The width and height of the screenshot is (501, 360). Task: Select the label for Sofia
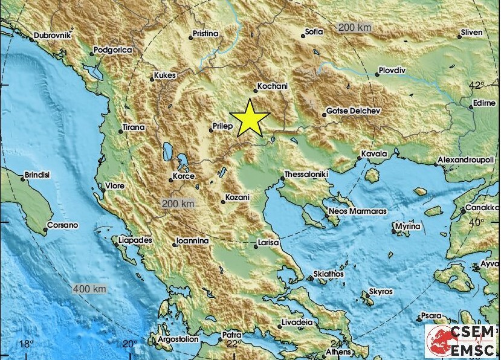(x=314, y=31)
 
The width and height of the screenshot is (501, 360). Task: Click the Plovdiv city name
(x=393, y=70)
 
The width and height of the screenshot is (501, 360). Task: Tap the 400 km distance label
(x=89, y=289)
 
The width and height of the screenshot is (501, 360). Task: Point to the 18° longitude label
(x=26, y=344)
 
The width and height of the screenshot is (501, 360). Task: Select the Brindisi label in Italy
(x=37, y=175)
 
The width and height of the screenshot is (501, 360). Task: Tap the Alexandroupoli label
(x=467, y=160)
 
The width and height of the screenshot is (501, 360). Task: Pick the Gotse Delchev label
(x=353, y=112)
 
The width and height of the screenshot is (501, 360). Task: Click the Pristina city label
(x=205, y=34)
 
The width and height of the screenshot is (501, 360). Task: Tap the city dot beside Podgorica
(x=92, y=54)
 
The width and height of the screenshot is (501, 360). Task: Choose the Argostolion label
(x=178, y=339)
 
